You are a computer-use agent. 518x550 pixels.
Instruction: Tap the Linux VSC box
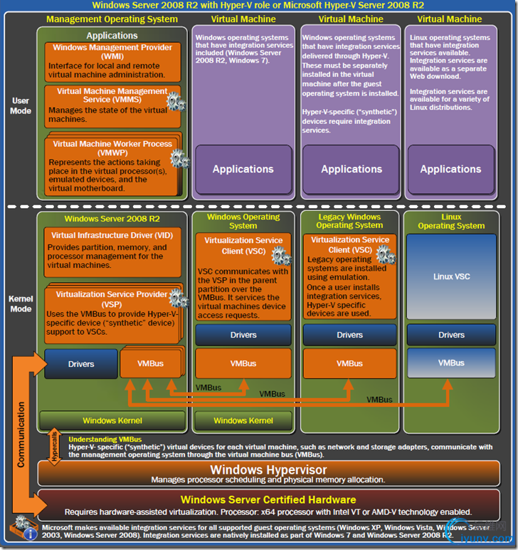point(451,276)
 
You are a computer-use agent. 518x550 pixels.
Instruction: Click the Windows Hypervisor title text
point(268,470)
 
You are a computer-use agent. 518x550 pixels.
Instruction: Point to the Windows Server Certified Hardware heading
point(268,499)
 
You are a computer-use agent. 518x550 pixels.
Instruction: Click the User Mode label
point(21,106)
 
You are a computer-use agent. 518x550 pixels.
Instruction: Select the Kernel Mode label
point(21,304)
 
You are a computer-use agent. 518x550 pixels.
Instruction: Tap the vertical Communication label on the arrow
point(21,435)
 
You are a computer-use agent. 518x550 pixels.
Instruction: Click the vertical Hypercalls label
point(55,446)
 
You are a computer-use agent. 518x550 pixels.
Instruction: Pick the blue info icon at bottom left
point(31,534)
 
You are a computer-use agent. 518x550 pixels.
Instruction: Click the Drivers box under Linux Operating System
point(451,335)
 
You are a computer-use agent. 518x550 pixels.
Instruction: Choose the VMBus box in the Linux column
point(451,363)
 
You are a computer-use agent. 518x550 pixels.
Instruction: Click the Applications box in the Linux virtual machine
point(450,170)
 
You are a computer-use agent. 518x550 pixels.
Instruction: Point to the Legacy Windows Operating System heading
point(349,221)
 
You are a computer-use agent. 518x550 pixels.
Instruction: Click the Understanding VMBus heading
point(105,440)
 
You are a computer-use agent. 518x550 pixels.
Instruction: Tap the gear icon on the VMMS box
point(175,101)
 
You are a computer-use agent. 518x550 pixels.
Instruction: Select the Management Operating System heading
point(112,19)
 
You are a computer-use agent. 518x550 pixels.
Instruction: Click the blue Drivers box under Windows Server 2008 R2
point(81,364)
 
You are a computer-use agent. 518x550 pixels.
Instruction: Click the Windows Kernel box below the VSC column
point(243,420)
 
